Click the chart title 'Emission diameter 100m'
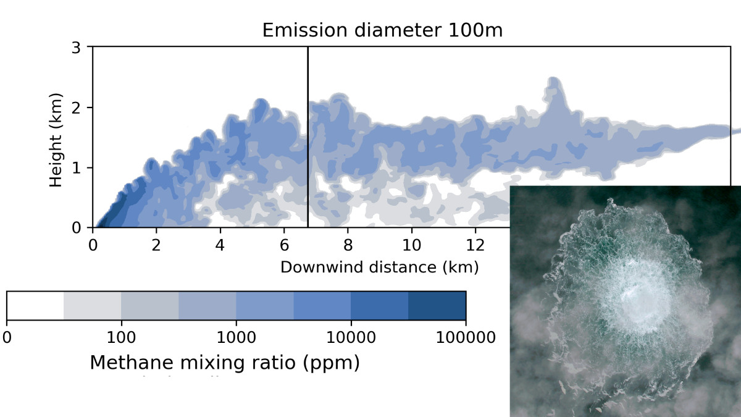382,30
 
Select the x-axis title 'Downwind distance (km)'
380,267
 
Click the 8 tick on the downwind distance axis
348,245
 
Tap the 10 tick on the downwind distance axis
411,245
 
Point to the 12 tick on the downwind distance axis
475,245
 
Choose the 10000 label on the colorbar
351,337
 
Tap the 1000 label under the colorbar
236,337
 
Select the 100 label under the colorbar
121,337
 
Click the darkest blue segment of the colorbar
437,305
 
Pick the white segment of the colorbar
35,305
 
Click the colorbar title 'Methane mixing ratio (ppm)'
225,363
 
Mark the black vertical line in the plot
308,136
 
